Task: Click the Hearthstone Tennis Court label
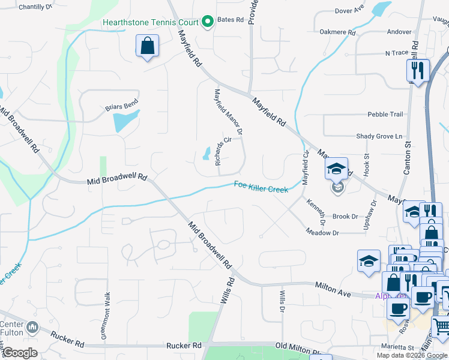(149, 23)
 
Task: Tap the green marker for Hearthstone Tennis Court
(208, 23)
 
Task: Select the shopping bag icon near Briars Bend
(148, 46)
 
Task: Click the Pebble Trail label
(385, 114)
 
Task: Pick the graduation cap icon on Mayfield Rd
(337, 169)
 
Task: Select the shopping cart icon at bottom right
(441, 327)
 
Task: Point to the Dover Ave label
(349, 10)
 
